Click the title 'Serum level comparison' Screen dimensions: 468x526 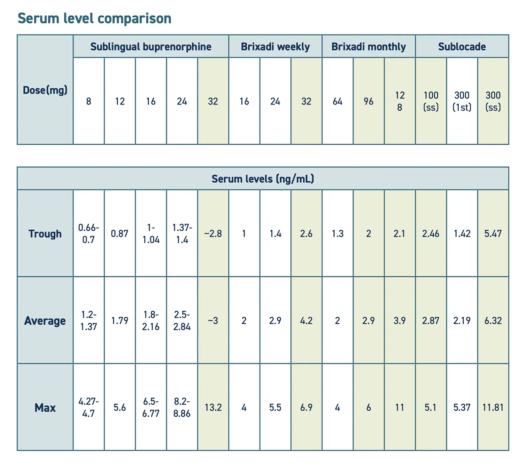(94, 18)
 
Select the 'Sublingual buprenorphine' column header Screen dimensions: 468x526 (151, 47)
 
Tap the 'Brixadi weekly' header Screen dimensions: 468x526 (275, 47)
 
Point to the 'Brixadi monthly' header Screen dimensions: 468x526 (369, 47)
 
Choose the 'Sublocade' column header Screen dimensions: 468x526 (462, 47)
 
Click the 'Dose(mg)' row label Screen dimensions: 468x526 (45, 90)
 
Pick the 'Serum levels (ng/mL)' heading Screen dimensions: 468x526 (263, 179)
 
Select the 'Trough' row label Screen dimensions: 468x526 (45, 233)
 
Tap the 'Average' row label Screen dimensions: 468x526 (45, 320)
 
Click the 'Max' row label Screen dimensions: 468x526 (45, 407)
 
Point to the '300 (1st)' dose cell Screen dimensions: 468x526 (462, 101)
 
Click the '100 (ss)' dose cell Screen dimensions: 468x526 (431, 101)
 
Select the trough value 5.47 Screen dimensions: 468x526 (493, 233)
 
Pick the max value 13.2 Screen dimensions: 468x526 (213, 407)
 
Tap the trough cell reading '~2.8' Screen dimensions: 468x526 (213, 233)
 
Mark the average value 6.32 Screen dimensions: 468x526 (493, 320)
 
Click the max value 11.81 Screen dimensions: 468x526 (493, 407)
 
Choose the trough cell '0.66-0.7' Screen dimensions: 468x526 (88, 233)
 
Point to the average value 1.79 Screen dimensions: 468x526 (120, 320)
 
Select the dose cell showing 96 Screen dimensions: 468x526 (369, 101)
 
